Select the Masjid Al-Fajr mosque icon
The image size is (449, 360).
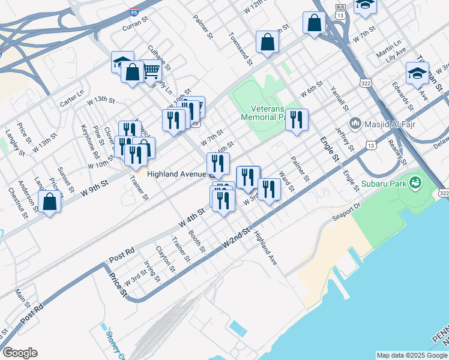pos(355,123)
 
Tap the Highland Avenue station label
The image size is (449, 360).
pos(176,173)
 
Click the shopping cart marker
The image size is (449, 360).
pos(151,71)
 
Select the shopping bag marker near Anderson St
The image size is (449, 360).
pos(50,202)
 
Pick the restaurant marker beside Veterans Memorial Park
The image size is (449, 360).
pos(297,120)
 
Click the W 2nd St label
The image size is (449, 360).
pos(236,239)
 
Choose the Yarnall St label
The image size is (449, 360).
pos(340,98)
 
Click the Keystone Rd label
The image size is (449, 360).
pos(90,140)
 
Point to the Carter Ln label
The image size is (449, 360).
pos(71,100)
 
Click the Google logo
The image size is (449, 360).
pos(20,353)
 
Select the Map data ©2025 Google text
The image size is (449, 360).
pos(412,355)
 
